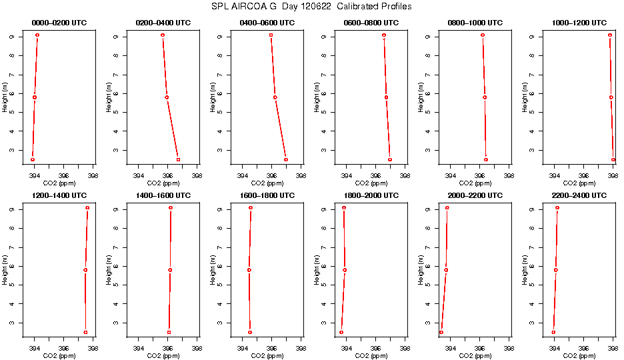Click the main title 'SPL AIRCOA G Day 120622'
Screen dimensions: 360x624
pos(311,7)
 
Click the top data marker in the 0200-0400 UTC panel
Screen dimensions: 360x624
pos(163,35)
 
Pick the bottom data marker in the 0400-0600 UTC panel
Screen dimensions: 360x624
pos(286,159)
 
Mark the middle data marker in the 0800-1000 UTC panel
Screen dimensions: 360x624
pos(485,97)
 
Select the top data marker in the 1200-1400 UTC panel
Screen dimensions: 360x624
pos(87,208)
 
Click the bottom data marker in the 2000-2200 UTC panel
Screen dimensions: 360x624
pos(441,332)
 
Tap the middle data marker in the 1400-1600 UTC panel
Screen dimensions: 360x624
pos(170,270)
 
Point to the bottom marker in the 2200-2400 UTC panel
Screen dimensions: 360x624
pos(553,332)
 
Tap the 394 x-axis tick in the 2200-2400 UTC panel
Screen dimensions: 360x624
pos(554,348)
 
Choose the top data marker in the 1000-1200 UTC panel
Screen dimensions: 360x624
pos(610,35)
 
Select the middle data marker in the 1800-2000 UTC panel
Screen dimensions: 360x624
pos(345,270)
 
